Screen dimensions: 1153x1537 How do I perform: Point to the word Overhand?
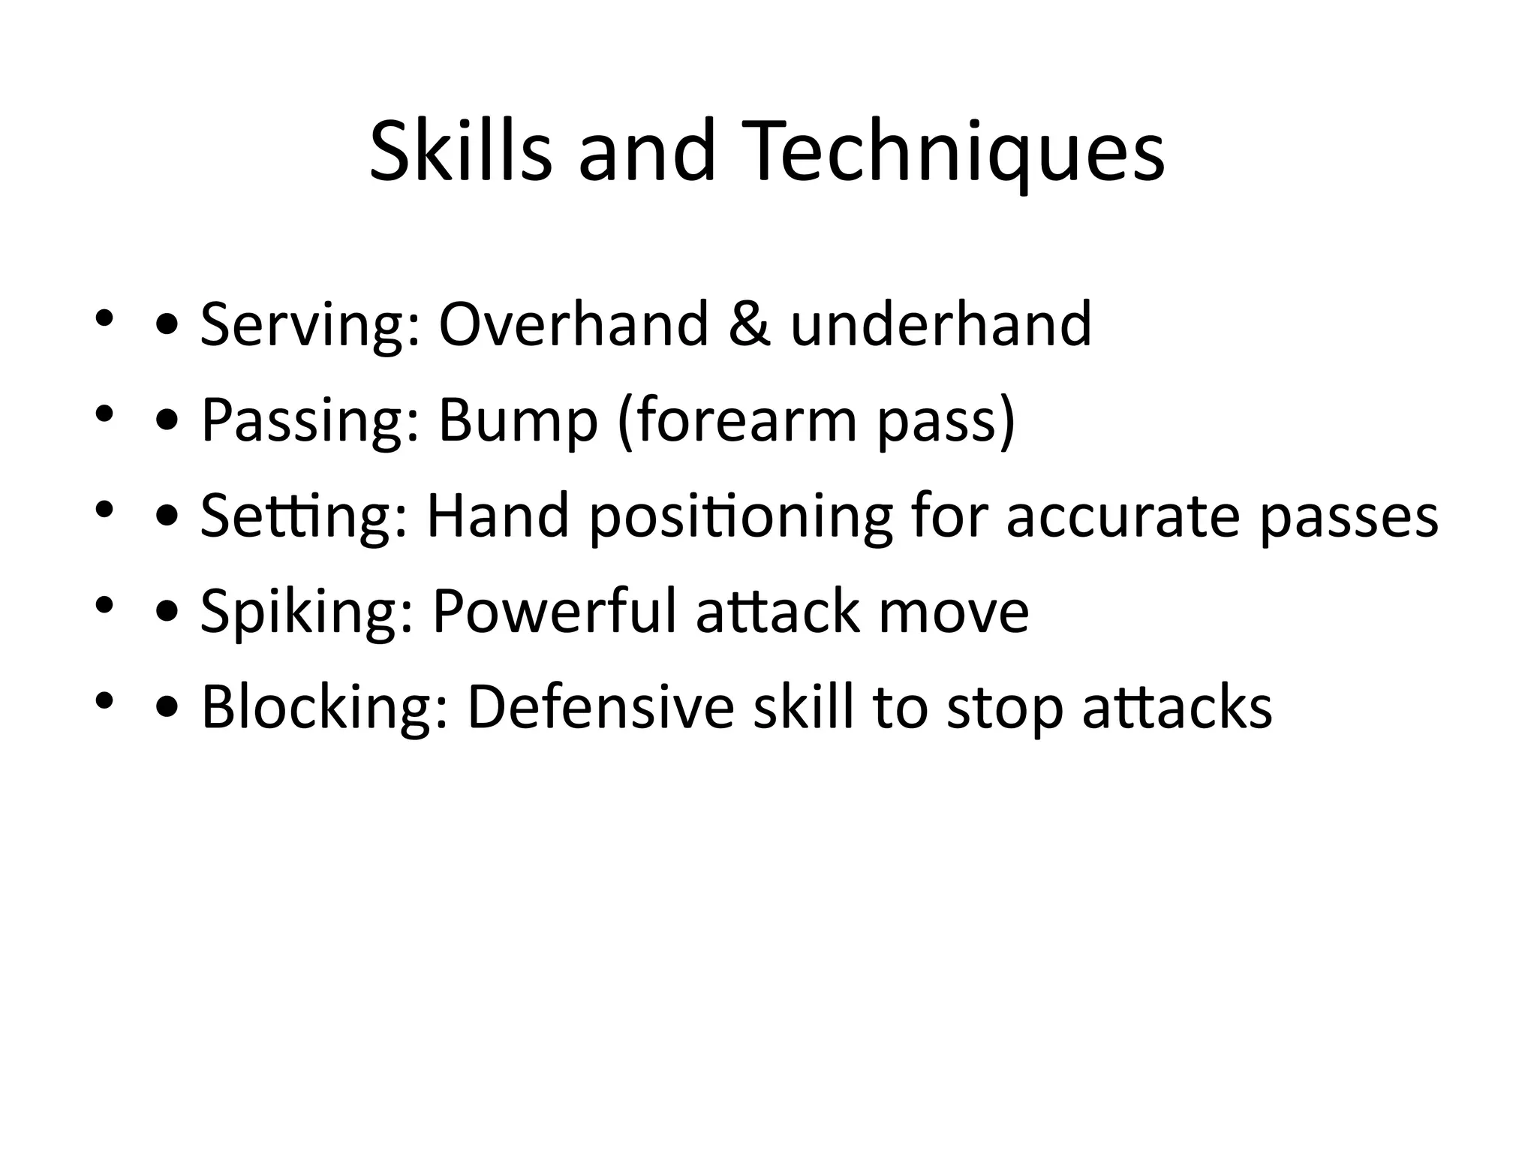tap(573, 324)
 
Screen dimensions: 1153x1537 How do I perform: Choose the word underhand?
tap(941, 324)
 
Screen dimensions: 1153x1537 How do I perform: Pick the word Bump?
tap(518, 420)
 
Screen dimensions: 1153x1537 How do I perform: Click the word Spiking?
tap(307, 612)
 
